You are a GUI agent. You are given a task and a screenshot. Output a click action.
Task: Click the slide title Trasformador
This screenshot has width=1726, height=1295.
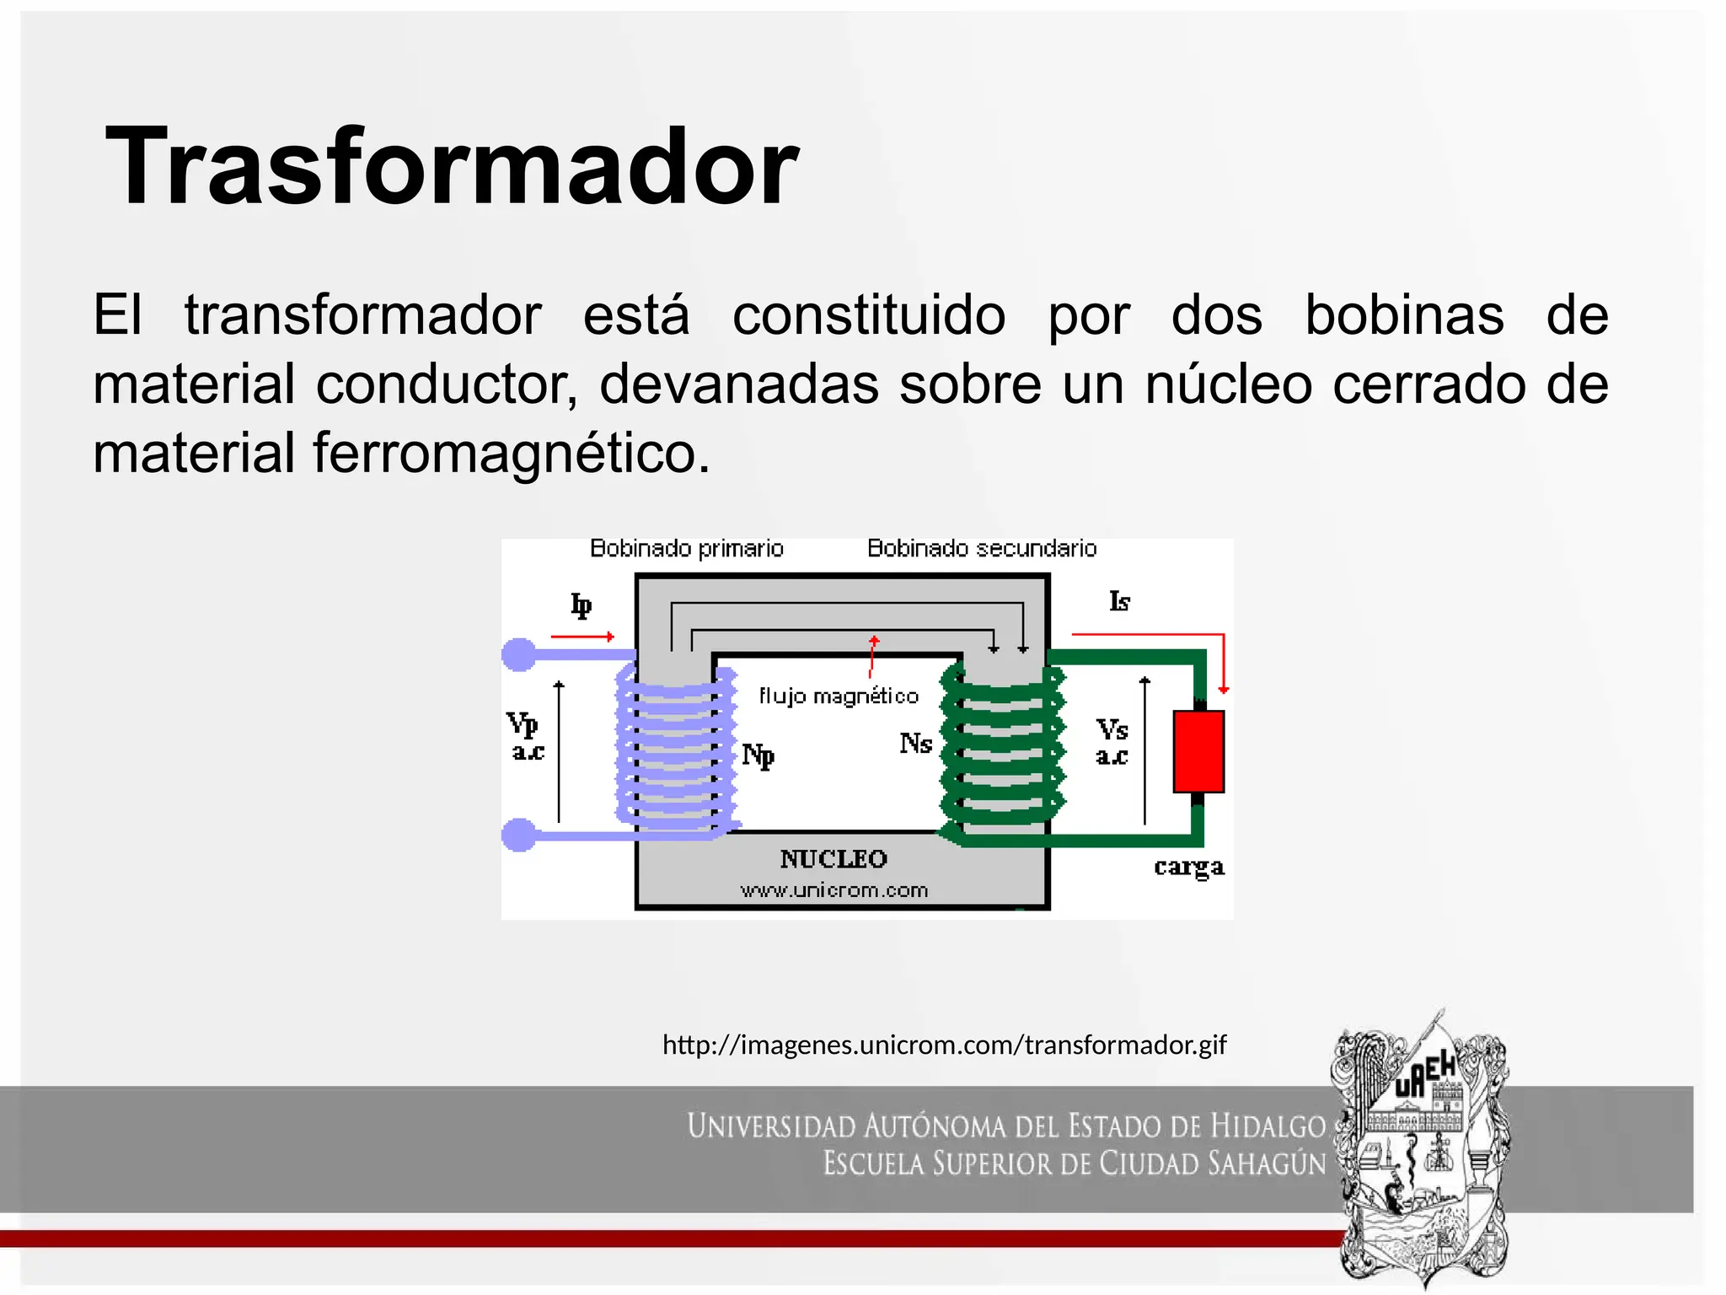click(452, 167)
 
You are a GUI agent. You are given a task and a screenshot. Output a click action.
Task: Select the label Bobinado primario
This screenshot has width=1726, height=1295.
click(686, 549)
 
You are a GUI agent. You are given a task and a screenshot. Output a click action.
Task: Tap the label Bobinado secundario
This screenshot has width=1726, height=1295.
click(982, 549)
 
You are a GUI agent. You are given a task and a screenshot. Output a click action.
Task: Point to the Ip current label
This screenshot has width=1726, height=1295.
click(581, 605)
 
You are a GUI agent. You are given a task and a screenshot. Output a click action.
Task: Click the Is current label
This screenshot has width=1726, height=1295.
click(1119, 601)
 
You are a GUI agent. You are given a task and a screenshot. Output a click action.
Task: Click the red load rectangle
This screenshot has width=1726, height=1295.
click(1198, 751)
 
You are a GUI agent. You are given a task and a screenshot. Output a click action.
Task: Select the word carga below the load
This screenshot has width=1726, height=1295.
click(1188, 867)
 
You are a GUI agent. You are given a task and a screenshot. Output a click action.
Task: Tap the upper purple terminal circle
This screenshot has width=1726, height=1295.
click(519, 654)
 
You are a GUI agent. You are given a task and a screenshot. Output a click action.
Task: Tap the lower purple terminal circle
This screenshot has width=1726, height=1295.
click(519, 835)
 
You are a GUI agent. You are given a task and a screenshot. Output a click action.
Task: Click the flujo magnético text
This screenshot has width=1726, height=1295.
click(838, 696)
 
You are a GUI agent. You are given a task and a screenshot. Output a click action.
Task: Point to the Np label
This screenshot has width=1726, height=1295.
click(758, 755)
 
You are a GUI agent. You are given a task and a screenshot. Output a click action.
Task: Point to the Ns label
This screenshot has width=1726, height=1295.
click(915, 744)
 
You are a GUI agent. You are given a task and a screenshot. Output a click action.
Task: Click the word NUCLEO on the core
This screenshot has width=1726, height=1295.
click(834, 859)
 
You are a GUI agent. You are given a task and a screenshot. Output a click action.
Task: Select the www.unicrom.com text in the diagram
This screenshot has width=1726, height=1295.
click(834, 890)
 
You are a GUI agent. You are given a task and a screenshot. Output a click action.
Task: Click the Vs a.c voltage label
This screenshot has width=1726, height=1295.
click(1112, 741)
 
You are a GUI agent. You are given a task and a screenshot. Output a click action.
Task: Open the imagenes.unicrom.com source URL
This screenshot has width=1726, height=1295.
click(944, 1045)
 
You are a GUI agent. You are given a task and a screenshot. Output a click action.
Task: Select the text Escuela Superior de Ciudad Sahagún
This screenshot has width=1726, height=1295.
click(1074, 1164)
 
